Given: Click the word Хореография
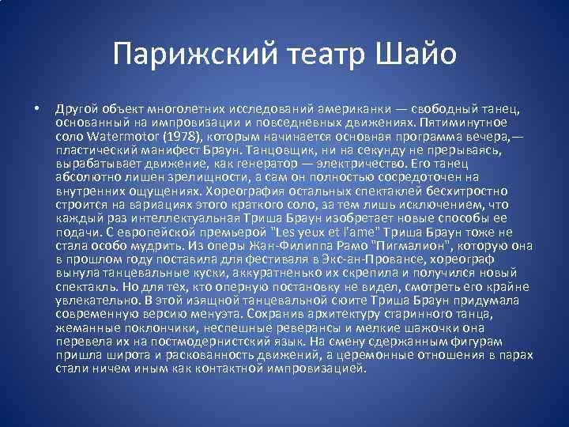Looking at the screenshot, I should pyautogui.click(x=246, y=191).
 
